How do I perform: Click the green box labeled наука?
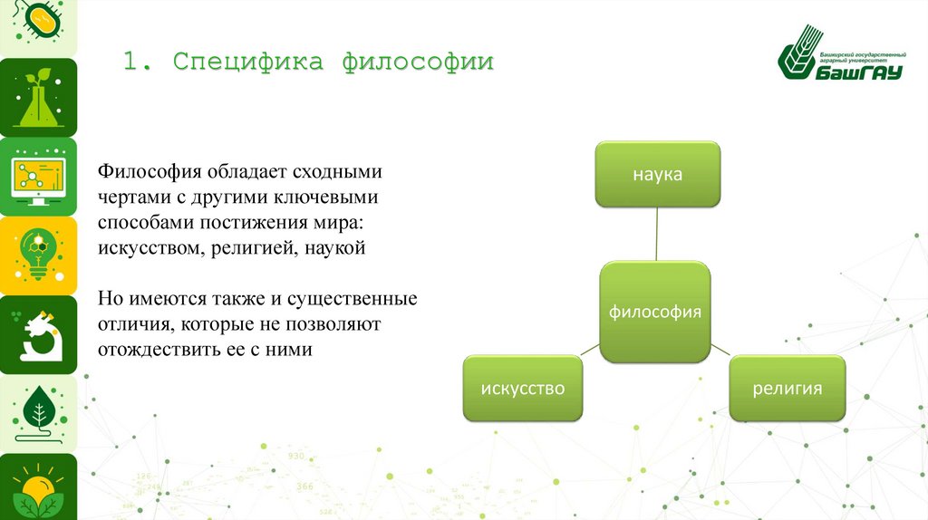pos(658,175)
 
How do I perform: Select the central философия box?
pos(655,312)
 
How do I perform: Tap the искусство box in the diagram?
pos(523,388)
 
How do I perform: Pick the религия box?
pos(788,388)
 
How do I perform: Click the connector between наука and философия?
pos(656,235)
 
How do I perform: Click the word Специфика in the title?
pos(248,62)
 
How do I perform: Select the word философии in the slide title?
pos(418,62)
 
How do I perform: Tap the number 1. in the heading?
pos(139,62)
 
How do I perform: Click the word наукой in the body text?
pos(335,248)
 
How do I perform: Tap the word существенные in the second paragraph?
pos(353,299)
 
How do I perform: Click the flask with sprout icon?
pos(38,98)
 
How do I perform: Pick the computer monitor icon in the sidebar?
pos(38,178)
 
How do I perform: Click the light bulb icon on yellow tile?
pos(38,255)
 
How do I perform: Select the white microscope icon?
pos(40,335)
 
